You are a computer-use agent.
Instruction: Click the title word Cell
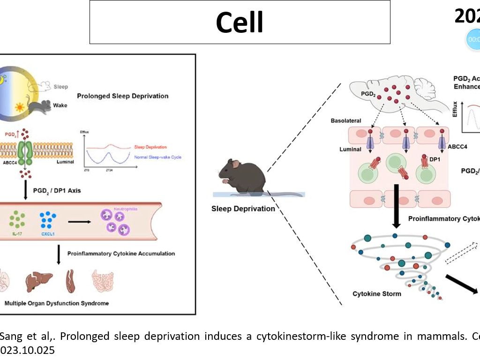(x=240, y=22)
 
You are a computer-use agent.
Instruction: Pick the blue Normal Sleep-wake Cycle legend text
(x=157, y=157)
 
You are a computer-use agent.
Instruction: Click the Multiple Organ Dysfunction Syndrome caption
(x=56, y=303)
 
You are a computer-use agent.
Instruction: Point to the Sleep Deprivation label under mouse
(x=243, y=209)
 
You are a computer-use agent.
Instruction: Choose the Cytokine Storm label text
(x=376, y=294)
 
